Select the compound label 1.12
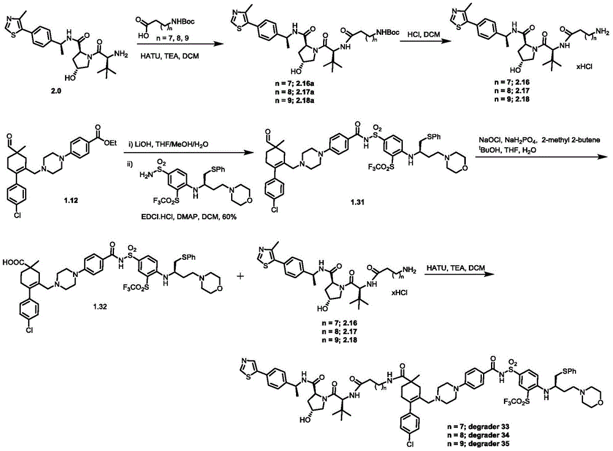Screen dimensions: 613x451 pyautogui.click(x=70, y=200)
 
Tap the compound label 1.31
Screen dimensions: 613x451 pyautogui.click(x=358, y=202)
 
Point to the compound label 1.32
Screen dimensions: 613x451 pyautogui.click(x=100, y=307)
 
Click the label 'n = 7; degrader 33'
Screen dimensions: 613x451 pyautogui.click(x=478, y=426)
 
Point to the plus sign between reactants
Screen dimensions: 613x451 pyautogui.click(x=240, y=276)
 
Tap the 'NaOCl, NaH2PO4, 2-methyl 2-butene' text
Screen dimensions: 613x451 pyautogui.click(x=539, y=140)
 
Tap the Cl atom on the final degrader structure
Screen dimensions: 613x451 pyautogui.click(x=409, y=444)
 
